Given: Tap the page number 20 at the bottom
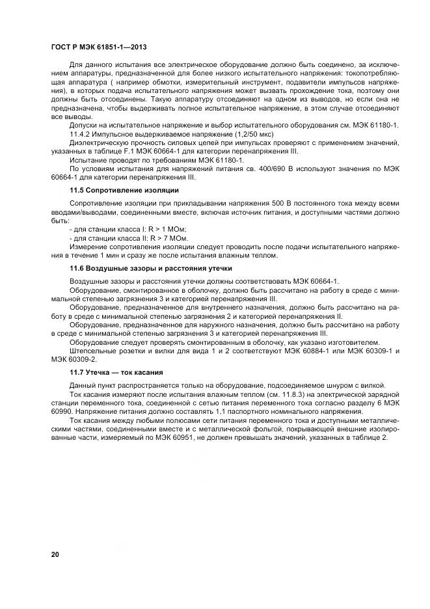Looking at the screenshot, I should (x=55, y=554).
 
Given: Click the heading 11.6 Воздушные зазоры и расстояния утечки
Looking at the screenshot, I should (x=150, y=267).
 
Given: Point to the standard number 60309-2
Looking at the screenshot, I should (x=85, y=359).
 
